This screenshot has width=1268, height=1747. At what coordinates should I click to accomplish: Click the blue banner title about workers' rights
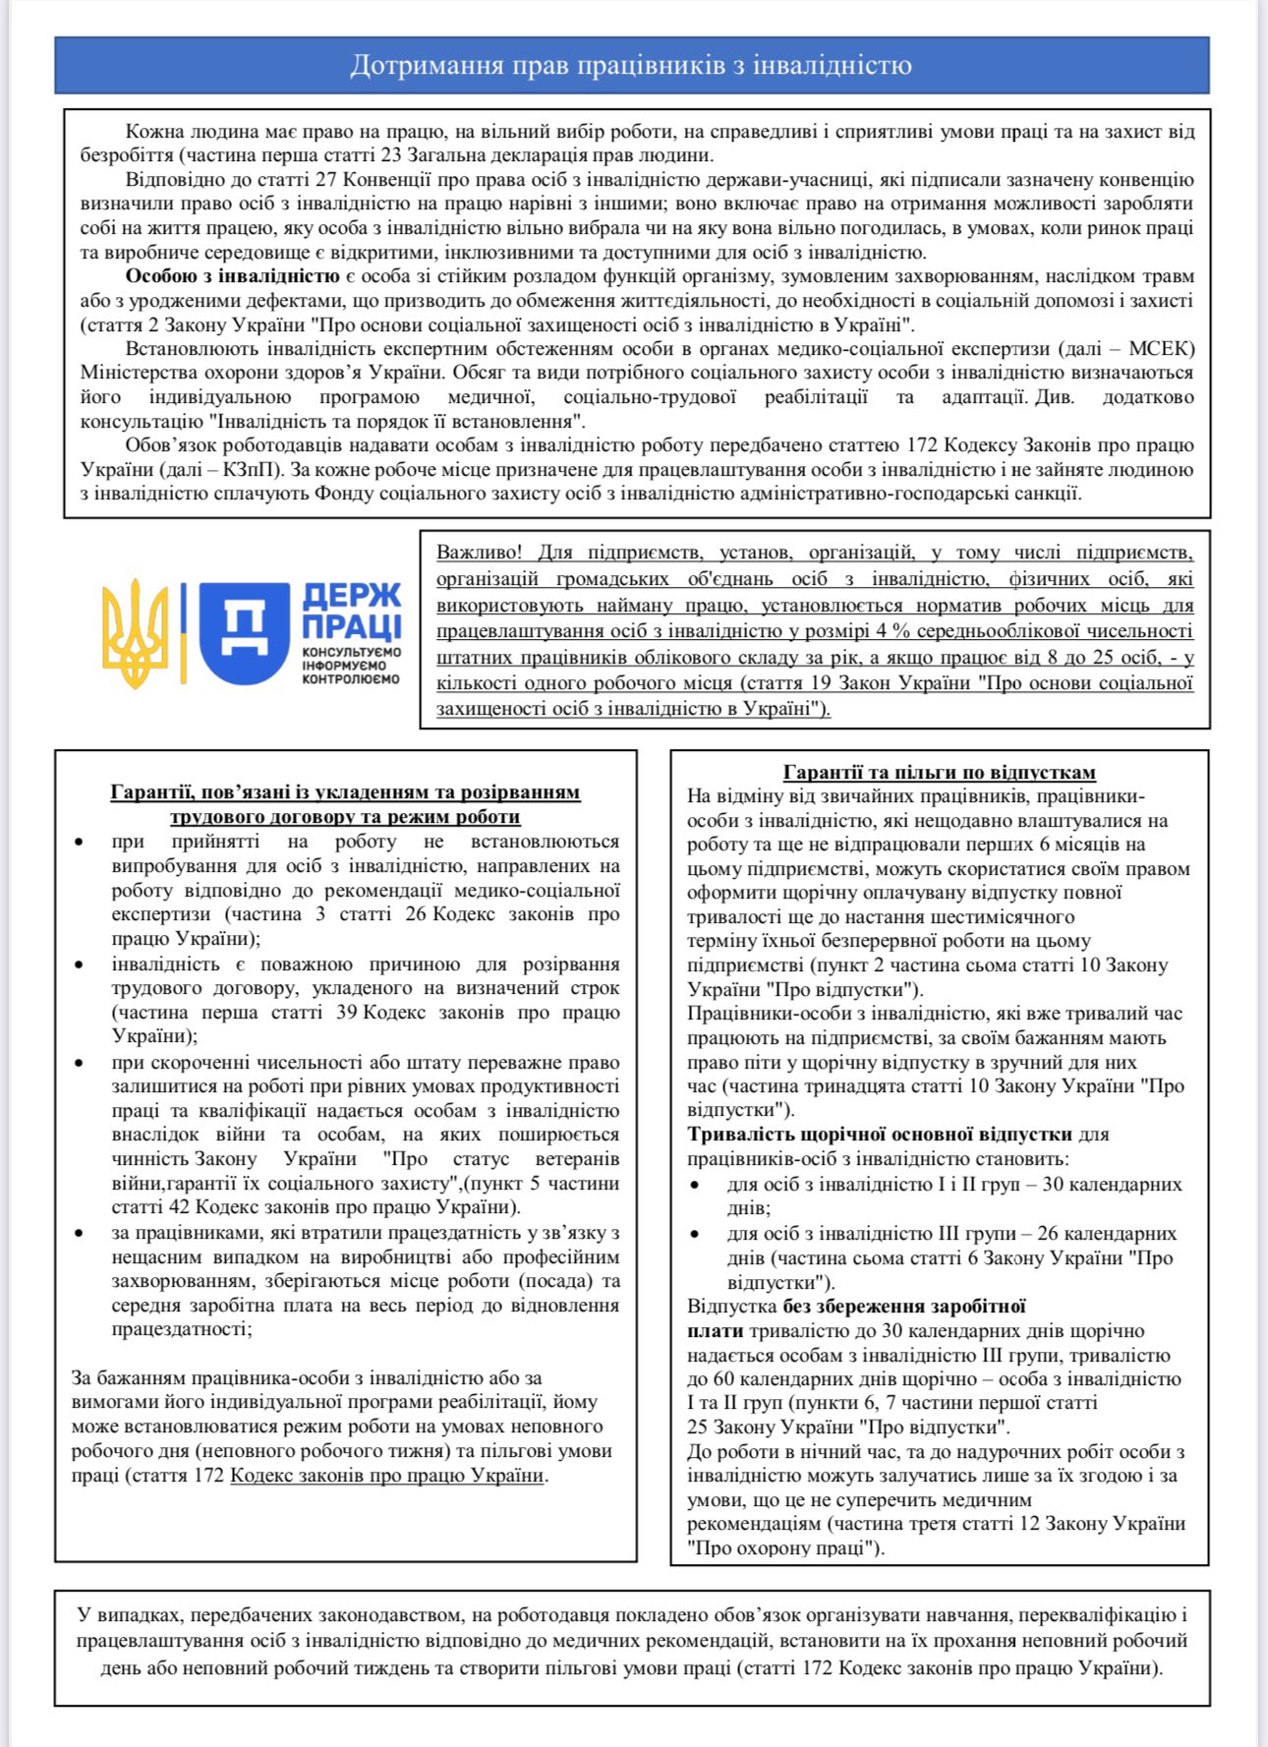click(631, 66)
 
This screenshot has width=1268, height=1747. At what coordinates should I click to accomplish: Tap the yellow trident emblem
click(135, 633)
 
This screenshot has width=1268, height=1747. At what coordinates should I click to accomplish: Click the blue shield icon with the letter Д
click(245, 633)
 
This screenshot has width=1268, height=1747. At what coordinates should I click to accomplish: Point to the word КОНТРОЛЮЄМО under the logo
click(351, 679)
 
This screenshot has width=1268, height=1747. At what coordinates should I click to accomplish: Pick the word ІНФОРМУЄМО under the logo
click(344, 666)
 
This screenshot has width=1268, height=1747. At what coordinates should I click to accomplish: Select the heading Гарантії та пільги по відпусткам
click(939, 773)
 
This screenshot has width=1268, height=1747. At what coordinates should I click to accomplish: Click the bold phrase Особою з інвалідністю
click(232, 276)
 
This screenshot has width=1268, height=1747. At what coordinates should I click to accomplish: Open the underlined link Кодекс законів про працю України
click(386, 1475)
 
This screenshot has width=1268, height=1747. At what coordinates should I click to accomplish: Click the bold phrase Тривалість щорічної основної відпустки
click(880, 1134)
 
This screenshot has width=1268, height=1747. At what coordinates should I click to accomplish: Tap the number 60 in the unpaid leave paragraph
click(736, 1378)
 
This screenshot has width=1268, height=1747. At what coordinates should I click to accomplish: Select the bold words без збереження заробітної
click(904, 1307)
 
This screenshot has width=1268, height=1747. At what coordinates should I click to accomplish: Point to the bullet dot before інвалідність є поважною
click(80, 964)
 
